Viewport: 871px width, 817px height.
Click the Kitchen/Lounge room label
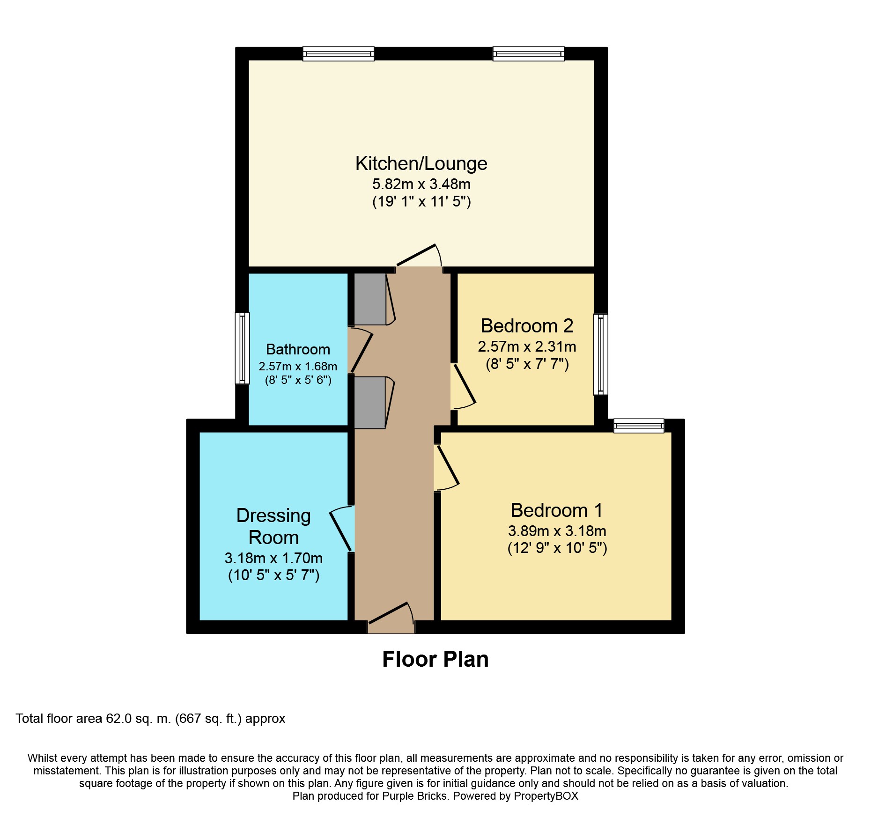421,163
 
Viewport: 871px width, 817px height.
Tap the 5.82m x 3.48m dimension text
421,184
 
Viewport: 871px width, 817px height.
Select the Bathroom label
298,349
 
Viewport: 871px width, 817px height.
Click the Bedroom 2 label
527,326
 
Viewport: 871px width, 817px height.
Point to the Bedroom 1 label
556,510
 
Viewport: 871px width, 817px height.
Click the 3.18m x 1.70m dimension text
273,558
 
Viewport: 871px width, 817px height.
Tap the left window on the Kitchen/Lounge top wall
338,54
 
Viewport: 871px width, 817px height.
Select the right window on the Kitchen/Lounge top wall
528,54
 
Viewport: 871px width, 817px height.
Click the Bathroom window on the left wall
242,348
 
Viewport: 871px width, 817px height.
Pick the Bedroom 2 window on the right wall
601,354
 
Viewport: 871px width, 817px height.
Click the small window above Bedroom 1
639,426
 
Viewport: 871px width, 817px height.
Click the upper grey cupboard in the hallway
370,299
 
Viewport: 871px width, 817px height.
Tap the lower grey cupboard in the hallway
370,403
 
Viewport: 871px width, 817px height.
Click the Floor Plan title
435,659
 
